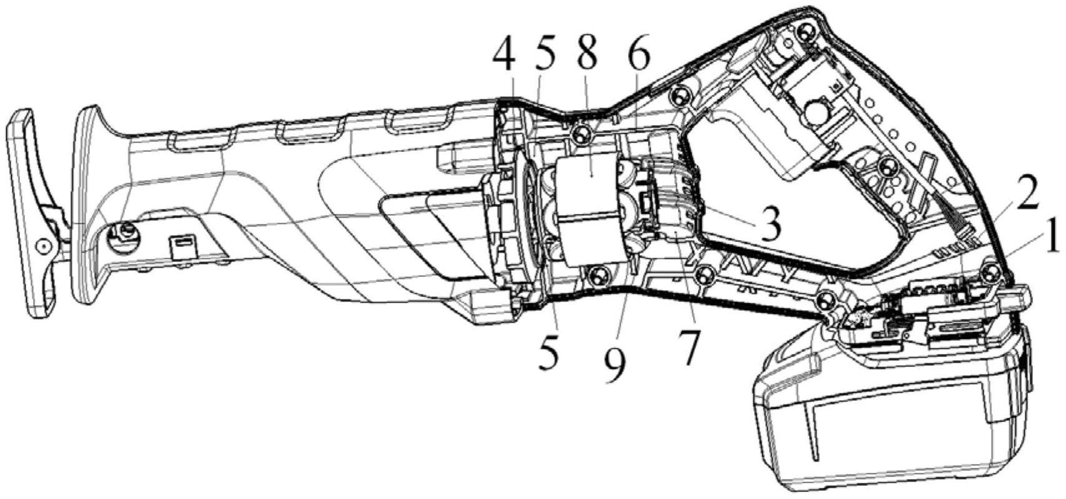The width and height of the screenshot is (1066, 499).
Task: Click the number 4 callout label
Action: [504, 58]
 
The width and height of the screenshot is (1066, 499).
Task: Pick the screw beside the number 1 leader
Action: [989, 272]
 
